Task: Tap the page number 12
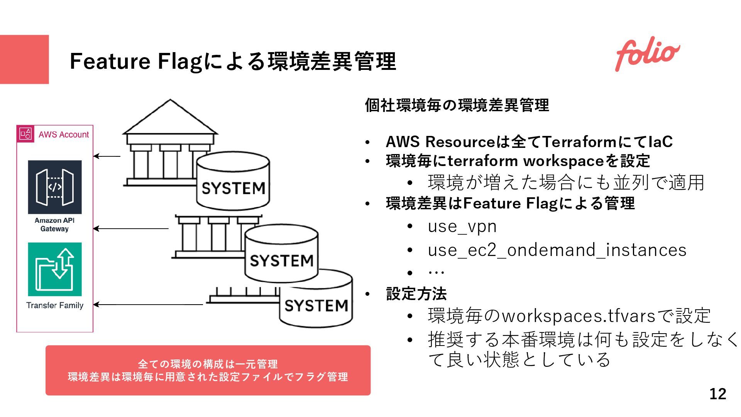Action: pos(717,394)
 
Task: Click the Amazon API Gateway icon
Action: pos(55,187)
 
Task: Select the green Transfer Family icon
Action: pos(55,269)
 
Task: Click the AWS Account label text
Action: pos(64,135)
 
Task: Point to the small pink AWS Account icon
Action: pos(25,134)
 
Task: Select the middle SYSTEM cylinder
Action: pos(281,255)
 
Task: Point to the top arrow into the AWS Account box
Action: pos(107,156)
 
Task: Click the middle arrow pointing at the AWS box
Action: pos(131,229)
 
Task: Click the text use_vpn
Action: pos(462,226)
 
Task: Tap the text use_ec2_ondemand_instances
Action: pos(557,250)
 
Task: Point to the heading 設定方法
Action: pos(416,294)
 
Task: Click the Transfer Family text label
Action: pos(55,305)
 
